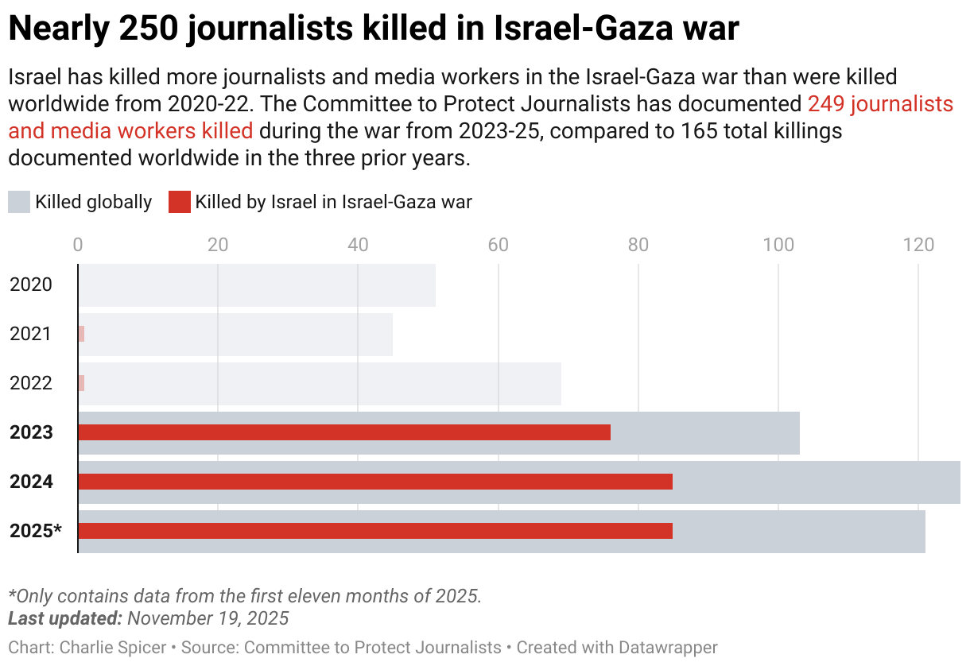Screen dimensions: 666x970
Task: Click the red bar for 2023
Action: [x=344, y=432]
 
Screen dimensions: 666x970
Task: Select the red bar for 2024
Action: [x=375, y=482]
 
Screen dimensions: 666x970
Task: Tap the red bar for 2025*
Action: [x=375, y=531]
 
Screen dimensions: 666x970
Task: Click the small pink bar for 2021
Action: [x=81, y=334]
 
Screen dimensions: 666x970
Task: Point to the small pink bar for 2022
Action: [x=81, y=383]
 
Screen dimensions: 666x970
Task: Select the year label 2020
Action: [x=31, y=285]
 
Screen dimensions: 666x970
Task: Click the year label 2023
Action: [x=31, y=432]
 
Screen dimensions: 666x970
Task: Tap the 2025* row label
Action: [x=36, y=531]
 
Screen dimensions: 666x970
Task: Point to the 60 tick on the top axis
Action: [x=498, y=245]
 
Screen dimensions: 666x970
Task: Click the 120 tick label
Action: [x=918, y=245]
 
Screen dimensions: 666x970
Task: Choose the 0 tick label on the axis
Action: [x=78, y=245]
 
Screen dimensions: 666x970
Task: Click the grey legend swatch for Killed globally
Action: [x=19, y=202]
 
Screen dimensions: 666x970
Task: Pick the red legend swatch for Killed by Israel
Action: [x=180, y=202]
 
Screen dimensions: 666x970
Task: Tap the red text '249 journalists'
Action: [x=880, y=104]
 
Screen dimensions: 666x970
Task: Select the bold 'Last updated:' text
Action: [x=64, y=618]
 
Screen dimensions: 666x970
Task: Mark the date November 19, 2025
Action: [x=208, y=618]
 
